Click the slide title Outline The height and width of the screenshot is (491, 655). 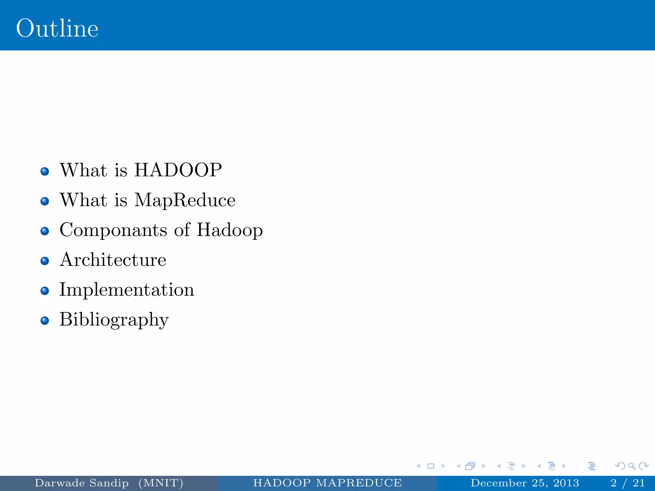click(x=57, y=28)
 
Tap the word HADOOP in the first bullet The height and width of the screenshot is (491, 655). click(x=178, y=170)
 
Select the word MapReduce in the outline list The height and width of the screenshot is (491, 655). click(x=185, y=200)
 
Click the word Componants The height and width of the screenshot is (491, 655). click(x=114, y=230)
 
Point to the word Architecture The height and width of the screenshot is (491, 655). click(x=113, y=260)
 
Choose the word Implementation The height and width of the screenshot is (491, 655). click(x=127, y=290)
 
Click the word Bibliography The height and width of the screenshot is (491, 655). click(x=114, y=320)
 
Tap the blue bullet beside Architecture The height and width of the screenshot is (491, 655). click(x=45, y=261)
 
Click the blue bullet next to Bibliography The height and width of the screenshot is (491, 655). click(x=45, y=321)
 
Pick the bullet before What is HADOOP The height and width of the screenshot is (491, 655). click(x=45, y=171)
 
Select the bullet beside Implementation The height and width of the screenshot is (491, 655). click(x=45, y=291)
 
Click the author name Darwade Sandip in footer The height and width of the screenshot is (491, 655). click(x=82, y=483)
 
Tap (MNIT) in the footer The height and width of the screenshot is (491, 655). click(x=161, y=483)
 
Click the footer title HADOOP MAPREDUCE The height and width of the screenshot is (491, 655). click(x=327, y=483)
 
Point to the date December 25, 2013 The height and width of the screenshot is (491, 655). click(x=525, y=483)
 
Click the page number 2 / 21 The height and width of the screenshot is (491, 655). click(x=627, y=483)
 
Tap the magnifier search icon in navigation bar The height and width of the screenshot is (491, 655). click(x=632, y=466)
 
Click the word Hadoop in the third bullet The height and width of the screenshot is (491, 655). click(x=230, y=230)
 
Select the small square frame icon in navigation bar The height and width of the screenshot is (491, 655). click(x=431, y=466)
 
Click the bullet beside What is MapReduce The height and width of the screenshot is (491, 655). click(x=45, y=201)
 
